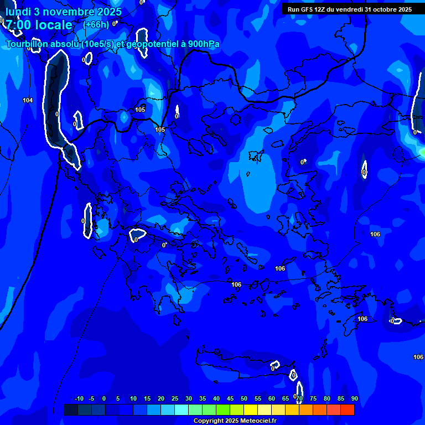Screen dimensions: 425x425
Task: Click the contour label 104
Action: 28,100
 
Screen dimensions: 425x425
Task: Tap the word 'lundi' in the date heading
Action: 18,12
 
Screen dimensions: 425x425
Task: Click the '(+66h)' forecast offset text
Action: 96,24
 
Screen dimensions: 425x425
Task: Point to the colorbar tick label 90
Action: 354,398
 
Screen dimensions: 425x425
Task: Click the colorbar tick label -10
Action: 79,398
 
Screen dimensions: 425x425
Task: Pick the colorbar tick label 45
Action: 230,398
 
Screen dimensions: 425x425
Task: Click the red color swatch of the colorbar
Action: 347,410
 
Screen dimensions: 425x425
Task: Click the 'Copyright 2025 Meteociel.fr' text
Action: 234,421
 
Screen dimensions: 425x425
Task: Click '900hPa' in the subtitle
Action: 204,44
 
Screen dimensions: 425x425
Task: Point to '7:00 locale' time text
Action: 39,25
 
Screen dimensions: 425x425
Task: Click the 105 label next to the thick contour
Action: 160,129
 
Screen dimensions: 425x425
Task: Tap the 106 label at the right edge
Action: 418,357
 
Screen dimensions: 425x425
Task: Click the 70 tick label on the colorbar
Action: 299,398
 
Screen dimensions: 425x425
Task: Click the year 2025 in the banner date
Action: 405,9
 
